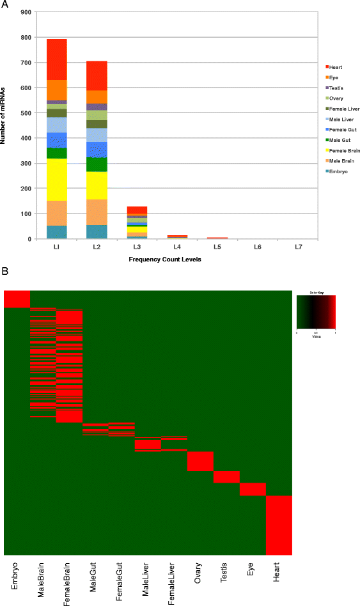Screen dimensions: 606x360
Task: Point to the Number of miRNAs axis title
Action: click(4, 125)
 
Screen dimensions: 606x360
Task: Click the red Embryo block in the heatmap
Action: click(17, 299)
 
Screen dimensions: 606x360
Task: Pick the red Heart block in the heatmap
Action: click(279, 525)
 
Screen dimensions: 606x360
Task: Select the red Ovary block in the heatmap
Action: click(200, 461)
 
